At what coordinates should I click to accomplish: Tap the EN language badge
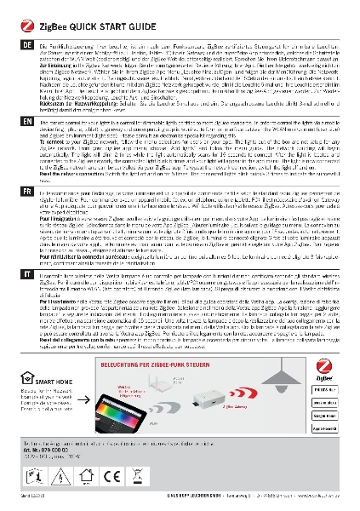point(10,123)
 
